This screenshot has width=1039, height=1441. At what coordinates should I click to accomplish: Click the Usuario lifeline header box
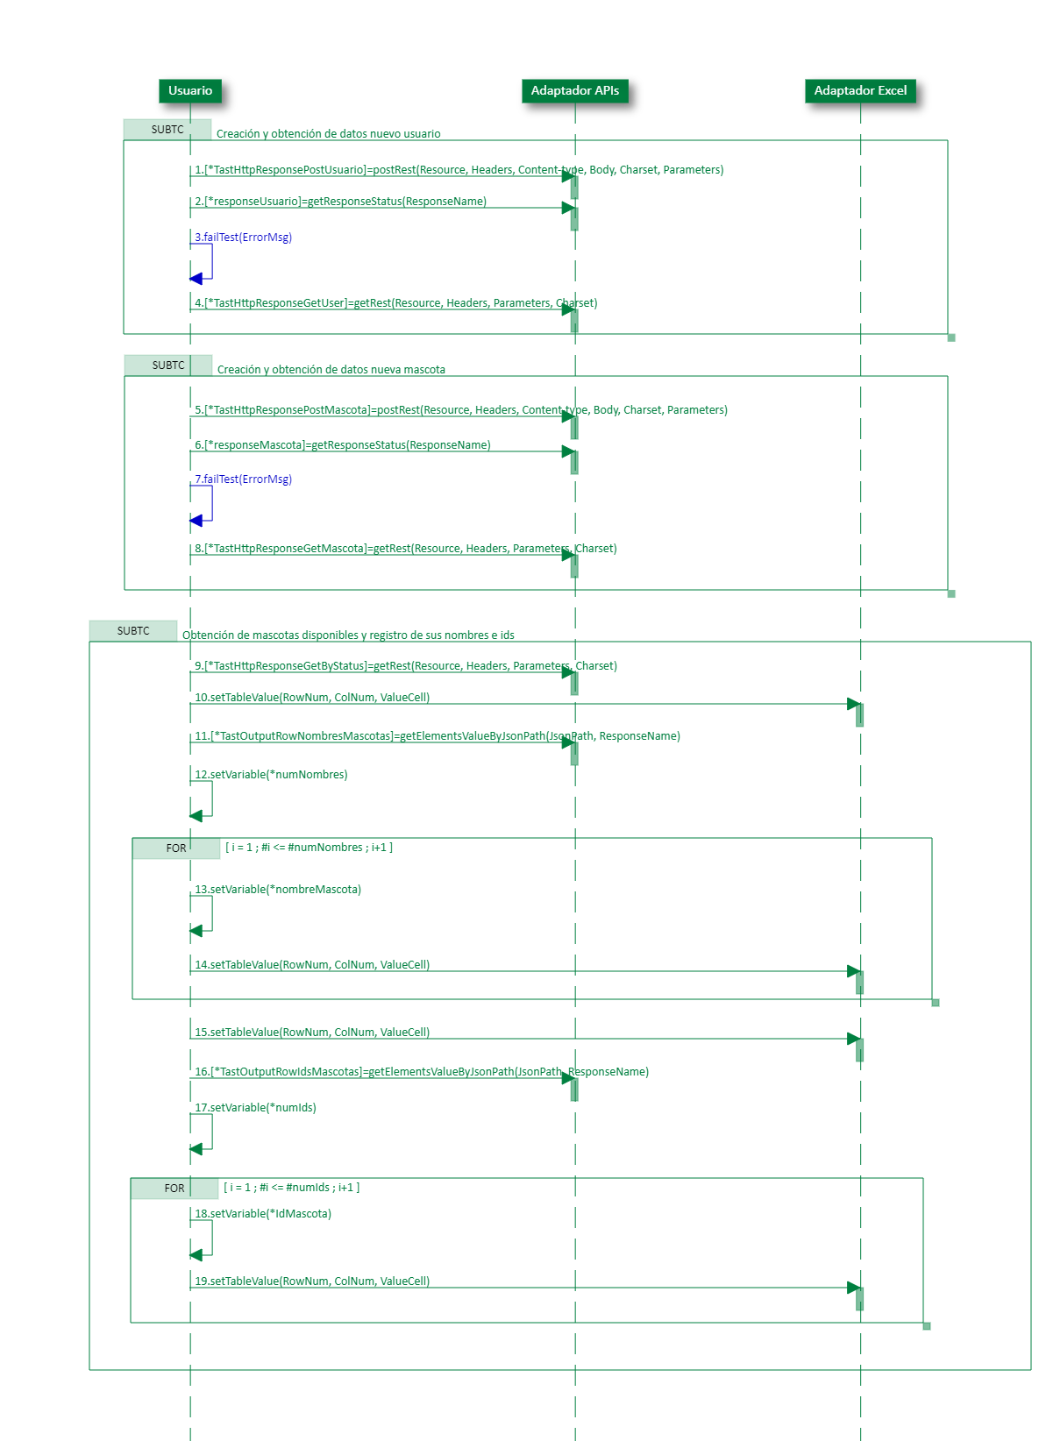[190, 90]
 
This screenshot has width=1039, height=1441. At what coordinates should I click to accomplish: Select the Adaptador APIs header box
[574, 90]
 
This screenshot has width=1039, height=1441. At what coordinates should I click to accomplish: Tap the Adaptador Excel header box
[860, 90]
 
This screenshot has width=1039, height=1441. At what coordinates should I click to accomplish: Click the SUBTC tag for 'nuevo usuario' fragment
[167, 130]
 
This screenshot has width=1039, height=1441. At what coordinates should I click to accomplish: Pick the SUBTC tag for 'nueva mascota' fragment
[168, 366]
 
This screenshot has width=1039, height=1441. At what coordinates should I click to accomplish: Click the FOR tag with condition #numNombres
[176, 848]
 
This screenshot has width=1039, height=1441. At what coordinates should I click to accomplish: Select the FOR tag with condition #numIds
[174, 1189]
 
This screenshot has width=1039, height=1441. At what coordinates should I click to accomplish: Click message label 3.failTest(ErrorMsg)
[243, 238]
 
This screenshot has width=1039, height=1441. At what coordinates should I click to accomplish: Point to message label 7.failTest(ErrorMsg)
[243, 479]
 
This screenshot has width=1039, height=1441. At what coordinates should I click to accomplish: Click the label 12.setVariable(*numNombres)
[271, 775]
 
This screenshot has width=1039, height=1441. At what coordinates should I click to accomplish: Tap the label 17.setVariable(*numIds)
[255, 1108]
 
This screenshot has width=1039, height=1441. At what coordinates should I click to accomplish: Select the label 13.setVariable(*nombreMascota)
[278, 890]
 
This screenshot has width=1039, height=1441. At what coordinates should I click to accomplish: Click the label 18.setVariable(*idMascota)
[263, 1214]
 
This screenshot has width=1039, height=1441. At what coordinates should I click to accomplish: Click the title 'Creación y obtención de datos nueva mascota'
[331, 370]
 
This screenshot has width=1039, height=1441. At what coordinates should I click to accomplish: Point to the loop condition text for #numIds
[292, 1188]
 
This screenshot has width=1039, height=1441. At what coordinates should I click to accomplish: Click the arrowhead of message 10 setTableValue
[853, 704]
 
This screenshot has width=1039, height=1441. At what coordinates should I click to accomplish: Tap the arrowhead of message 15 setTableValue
[853, 1039]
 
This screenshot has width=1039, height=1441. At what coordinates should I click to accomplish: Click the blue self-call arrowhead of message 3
[196, 279]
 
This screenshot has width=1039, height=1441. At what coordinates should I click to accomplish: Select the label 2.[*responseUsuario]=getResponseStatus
[340, 202]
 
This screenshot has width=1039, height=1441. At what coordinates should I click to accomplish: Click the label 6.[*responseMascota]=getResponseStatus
[342, 445]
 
